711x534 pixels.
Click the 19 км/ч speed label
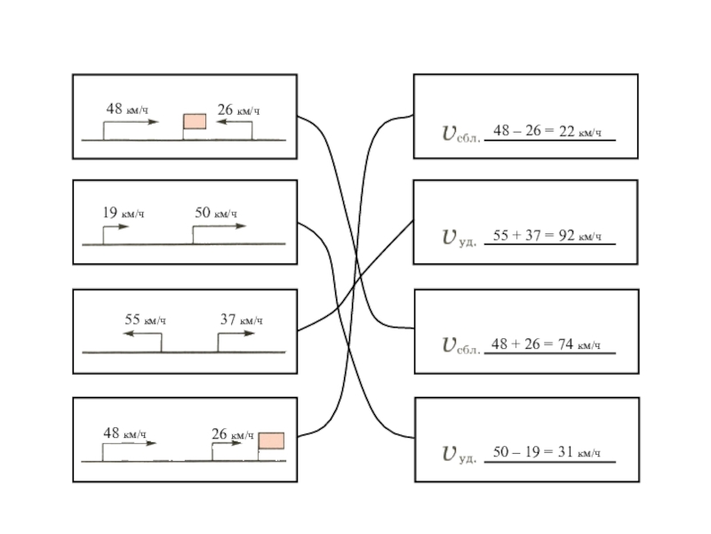[x=123, y=213]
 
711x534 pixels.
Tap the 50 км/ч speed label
[x=216, y=213]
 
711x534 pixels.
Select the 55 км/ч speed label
[x=146, y=320]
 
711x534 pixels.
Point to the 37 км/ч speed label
[x=241, y=320]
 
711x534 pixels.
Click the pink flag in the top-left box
[x=195, y=121]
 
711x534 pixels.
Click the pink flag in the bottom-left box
[x=271, y=441]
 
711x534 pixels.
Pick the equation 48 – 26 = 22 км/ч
[x=547, y=132]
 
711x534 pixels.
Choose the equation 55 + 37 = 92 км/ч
[x=547, y=236]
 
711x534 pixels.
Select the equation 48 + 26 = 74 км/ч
[x=547, y=344]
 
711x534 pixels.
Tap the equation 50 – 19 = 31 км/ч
[x=547, y=452]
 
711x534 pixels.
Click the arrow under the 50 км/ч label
[x=220, y=226]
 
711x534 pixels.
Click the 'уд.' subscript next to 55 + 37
[x=467, y=241]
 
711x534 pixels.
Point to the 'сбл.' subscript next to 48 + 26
[x=468, y=350]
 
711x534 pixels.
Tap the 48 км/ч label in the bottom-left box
[x=124, y=433]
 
